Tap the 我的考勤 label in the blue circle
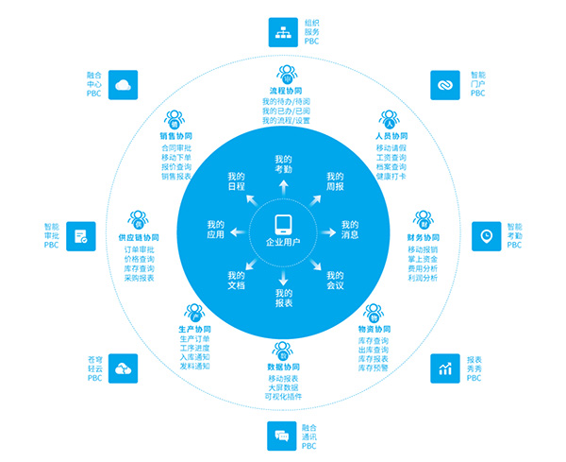pos(283,163)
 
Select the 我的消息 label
pos(351,230)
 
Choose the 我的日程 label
pos(236,180)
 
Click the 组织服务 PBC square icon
pos(283,31)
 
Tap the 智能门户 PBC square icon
pos(444,83)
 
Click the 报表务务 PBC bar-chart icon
pos(444,368)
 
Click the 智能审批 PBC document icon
pos(80,235)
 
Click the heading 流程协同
pos(283,91)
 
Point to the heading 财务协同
pos(424,237)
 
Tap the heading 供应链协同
pos(139,237)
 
